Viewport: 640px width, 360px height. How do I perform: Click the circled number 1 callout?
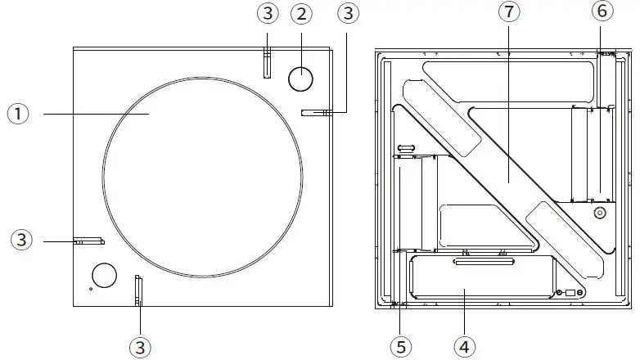pos(18,115)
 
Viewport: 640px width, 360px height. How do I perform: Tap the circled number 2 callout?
pos(302,14)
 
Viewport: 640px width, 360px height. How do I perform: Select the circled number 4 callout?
pos(465,346)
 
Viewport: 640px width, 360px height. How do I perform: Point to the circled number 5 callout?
pos(400,346)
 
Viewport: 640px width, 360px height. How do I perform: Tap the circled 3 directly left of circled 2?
pos(267,14)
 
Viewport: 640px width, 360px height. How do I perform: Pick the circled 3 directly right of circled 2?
pos(349,14)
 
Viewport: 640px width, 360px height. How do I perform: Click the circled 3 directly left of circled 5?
pos(141,346)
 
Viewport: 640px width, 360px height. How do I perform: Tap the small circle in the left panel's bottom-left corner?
pos(104,276)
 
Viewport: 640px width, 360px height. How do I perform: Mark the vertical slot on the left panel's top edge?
pos(266,62)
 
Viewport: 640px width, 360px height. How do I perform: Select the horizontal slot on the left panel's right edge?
pos(315,113)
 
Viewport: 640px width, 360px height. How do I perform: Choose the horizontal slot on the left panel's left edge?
pos(88,241)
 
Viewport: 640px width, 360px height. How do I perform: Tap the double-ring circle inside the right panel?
pos(599,213)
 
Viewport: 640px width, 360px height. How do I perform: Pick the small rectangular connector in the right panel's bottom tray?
pos(571,291)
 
